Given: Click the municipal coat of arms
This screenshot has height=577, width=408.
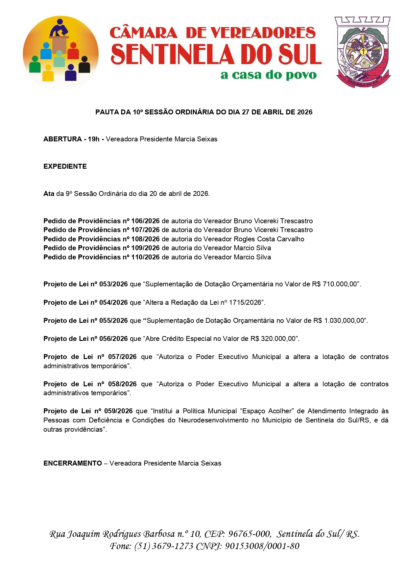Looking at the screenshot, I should coord(363,52).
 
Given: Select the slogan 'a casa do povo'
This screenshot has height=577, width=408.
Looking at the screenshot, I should coord(268,75).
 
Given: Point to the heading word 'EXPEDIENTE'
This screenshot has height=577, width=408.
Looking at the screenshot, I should coord(65,166).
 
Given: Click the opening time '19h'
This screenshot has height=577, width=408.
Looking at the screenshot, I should coord(93,139).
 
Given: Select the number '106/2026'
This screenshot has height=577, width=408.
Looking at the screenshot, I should coord(145,221).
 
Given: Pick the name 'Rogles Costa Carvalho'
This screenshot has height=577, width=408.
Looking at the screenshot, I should coord(269,239).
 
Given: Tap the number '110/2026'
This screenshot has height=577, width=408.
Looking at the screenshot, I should coord(145,257).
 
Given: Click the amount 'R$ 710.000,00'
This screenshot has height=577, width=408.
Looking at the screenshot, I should coord(335,284).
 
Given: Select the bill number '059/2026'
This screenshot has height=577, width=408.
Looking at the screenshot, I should coord(118,411).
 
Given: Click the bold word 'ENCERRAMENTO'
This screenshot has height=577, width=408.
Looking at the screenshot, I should coord(73,463).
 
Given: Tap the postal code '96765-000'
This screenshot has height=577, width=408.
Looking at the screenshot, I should coord(249,534).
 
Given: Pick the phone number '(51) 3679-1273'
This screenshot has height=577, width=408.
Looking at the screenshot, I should coord(164,546).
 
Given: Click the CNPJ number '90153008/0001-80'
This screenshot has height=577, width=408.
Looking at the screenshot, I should coord(262,546).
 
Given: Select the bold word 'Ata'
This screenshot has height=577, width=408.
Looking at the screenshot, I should coord(49,194).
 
